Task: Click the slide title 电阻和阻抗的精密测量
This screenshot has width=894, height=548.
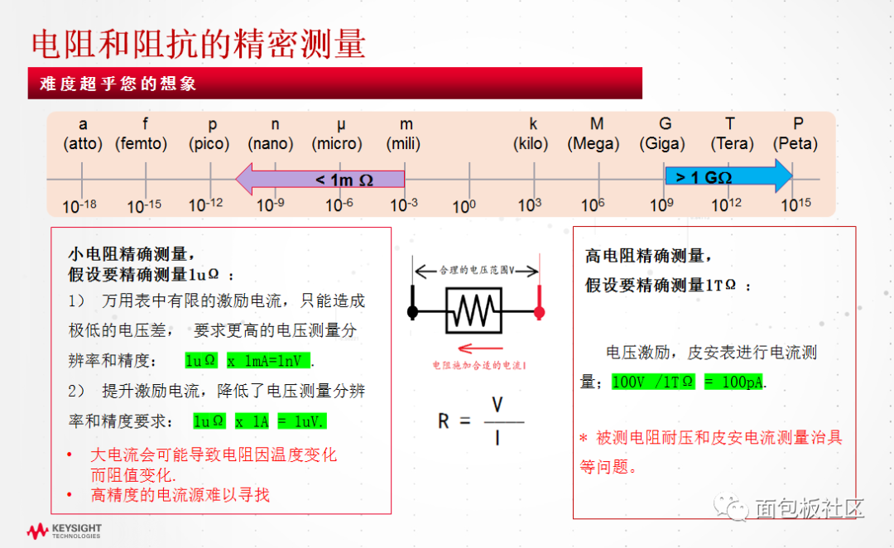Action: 199,44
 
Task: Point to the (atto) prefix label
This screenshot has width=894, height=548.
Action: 83,143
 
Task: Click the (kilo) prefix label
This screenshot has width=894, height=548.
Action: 531,143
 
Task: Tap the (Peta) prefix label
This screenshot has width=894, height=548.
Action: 795,143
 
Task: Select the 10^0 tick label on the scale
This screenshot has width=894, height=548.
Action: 464,205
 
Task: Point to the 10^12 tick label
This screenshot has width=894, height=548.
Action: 725,205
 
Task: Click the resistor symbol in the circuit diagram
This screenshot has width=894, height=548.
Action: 473,312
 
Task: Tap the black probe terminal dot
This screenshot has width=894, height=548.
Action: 413,312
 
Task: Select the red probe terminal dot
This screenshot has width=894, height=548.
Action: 539,312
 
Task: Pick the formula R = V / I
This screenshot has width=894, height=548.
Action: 480,421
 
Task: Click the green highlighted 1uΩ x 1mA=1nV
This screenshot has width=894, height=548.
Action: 248,361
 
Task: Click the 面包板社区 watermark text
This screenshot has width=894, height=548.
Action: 808,507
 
